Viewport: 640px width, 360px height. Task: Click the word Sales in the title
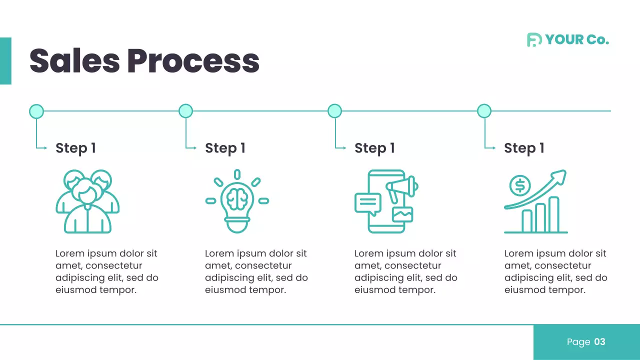pos(74,61)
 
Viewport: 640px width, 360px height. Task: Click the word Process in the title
pos(193,61)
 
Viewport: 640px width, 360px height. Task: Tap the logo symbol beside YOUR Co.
pos(534,40)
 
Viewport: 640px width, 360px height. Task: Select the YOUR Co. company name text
pos(577,40)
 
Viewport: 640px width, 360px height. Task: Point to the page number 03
pos(599,342)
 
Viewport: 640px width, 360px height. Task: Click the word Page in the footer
pos(578,342)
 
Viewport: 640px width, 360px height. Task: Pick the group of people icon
pos(87,201)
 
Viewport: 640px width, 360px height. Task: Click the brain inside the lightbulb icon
pos(237,198)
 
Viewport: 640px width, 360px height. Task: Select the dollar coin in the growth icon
pos(520,186)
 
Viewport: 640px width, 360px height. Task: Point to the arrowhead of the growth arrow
pos(561,175)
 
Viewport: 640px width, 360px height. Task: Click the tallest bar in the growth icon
pos(553,214)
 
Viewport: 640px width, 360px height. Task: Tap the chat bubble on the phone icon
pos(367,202)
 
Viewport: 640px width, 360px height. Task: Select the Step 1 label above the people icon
pos(75,148)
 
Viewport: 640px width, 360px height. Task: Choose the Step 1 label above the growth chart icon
pos(524,148)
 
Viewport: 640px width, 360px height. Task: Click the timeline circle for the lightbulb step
pos(185,111)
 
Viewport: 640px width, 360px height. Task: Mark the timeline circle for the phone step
pos(334,111)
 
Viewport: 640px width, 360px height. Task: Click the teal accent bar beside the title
pos(5,61)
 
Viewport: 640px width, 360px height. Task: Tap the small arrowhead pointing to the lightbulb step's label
pos(194,147)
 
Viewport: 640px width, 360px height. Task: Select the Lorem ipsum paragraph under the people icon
pos(106,271)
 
